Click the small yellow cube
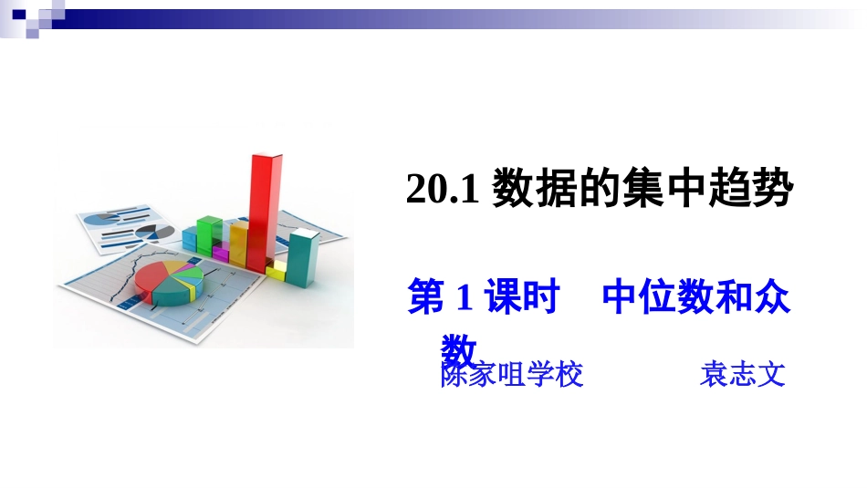point(277,270)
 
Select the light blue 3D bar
point(190,239)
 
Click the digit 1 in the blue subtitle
point(462,298)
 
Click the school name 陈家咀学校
point(511,375)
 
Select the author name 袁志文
point(742,375)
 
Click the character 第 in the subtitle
point(426,298)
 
